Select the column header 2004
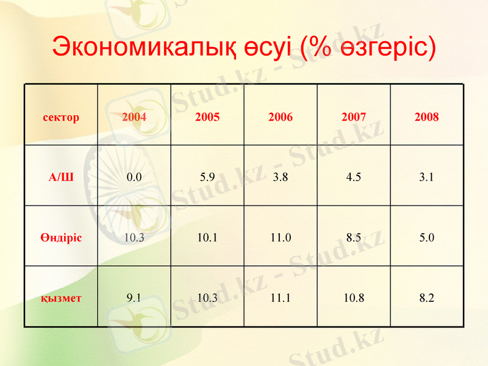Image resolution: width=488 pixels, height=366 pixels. (x=134, y=117)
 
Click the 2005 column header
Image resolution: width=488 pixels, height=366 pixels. (x=207, y=117)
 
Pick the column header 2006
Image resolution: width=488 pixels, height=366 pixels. (x=281, y=117)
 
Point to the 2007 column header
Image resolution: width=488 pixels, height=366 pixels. (x=354, y=117)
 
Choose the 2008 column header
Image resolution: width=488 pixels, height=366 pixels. (x=427, y=117)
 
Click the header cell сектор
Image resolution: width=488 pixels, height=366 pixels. (x=61, y=117)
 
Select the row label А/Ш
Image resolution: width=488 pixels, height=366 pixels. (x=61, y=178)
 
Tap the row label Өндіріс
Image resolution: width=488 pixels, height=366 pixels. (x=61, y=238)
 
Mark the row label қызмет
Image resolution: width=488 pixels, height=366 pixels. (x=61, y=298)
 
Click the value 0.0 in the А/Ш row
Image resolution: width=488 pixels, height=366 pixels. (x=134, y=178)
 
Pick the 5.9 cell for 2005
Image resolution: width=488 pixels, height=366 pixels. (x=207, y=178)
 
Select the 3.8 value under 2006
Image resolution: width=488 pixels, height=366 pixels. (x=281, y=178)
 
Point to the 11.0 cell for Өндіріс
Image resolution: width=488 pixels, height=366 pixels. (x=281, y=238)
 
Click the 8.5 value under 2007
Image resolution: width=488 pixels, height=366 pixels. (x=354, y=238)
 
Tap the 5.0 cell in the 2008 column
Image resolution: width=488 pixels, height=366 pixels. (x=427, y=238)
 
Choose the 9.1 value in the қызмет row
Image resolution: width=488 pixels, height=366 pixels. (x=134, y=298)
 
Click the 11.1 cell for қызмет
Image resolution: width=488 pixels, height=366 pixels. (x=281, y=298)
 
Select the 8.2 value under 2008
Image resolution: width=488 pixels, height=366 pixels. (x=427, y=298)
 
